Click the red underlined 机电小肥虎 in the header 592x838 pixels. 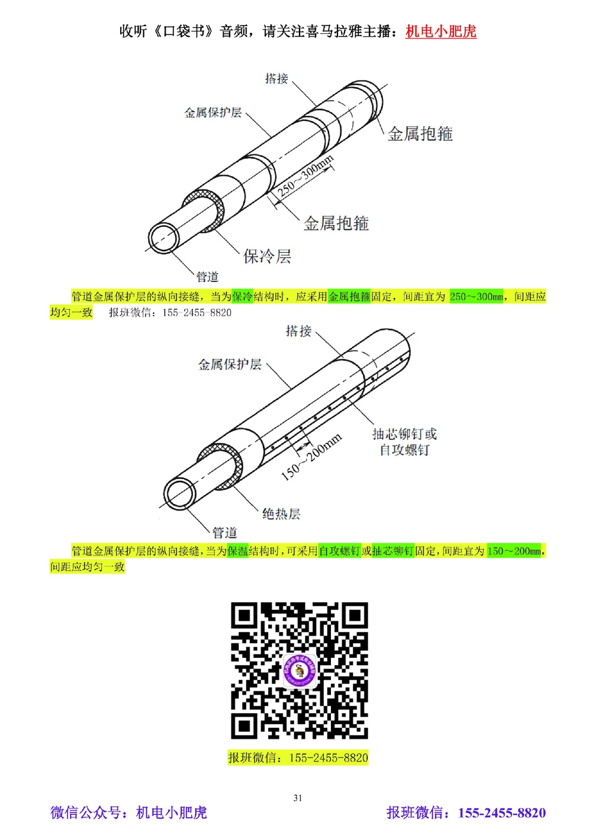pyautogui.click(x=440, y=31)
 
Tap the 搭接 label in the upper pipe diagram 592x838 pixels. pyautogui.click(x=276, y=79)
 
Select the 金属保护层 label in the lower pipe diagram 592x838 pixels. pyautogui.click(x=230, y=364)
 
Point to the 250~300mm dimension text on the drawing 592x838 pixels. pyautogui.click(x=305, y=176)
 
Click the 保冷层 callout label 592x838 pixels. pyautogui.click(x=267, y=256)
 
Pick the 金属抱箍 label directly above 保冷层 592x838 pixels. pyautogui.click(x=336, y=223)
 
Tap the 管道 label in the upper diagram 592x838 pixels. pyautogui.click(x=207, y=277)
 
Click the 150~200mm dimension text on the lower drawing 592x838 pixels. pyautogui.click(x=311, y=456)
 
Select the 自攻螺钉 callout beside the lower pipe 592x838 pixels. pyautogui.click(x=404, y=450)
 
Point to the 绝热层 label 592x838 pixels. pyautogui.click(x=281, y=513)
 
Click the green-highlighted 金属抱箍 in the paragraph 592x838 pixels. pyautogui.click(x=349, y=297)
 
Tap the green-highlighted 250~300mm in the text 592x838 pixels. pyautogui.click(x=476, y=297)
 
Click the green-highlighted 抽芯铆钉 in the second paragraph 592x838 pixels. pyautogui.click(x=392, y=551)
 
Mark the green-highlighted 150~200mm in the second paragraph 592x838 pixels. pyautogui.click(x=513, y=551)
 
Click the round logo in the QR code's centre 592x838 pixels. pyautogui.click(x=298, y=671)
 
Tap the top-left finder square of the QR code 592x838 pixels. pyautogui.click(x=244, y=616)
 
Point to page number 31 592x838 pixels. pyautogui.click(x=298, y=798)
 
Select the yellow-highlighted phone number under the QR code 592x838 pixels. pyautogui.click(x=329, y=757)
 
